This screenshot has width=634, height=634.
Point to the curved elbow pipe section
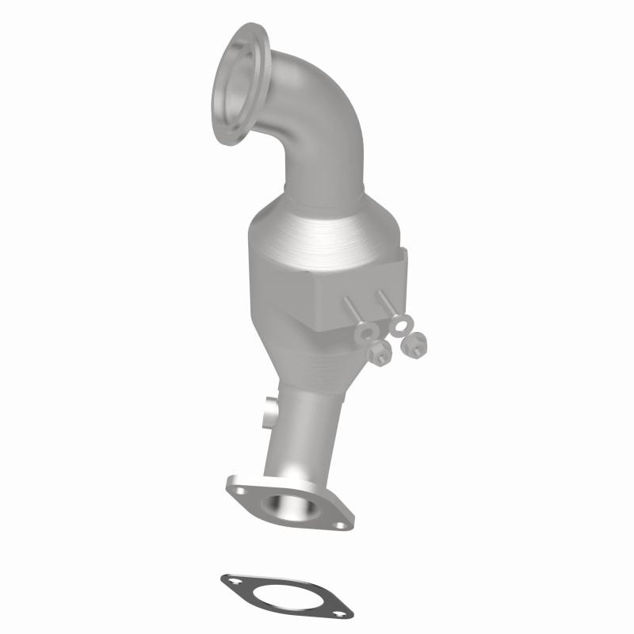tap(317, 119)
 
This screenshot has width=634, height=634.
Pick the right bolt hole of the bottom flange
tap(339, 524)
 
